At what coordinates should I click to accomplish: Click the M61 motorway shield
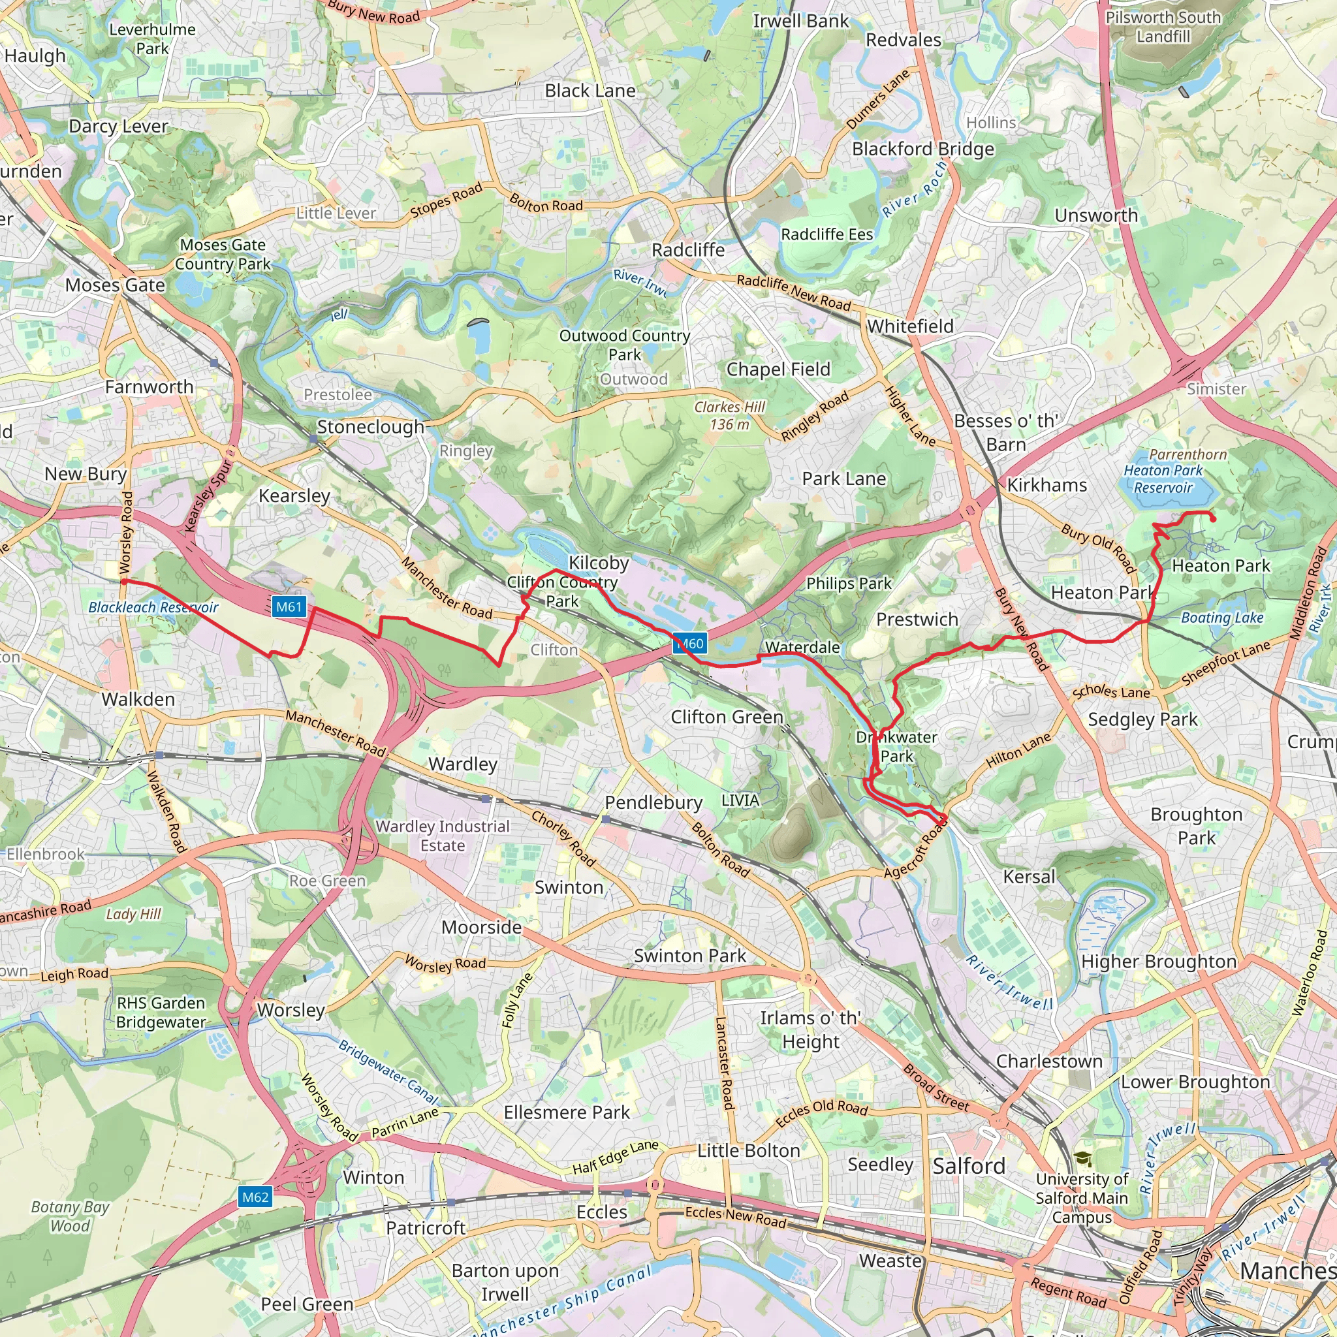click(x=289, y=607)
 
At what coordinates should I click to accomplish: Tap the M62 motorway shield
click(x=255, y=1197)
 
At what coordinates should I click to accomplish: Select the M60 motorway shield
click(x=690, y=644)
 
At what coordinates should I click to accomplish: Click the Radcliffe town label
click(x=688, y=250)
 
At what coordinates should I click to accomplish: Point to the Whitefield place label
click(x=910, y=326)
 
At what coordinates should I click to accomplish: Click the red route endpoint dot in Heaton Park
click(x=1213, y=519)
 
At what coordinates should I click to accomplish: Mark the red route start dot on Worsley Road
click(x=125, y=582)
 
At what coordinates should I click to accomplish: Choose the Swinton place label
click(x=569, y=887)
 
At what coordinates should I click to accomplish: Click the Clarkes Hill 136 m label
click(x=729, y=415)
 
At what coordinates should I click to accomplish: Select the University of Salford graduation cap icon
click(x=1082, y=1159)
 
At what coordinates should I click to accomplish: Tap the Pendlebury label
click(x=653, y=802)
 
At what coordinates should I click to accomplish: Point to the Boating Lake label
click(x=1222, y=618)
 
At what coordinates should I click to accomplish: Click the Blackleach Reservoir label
click(x=153, y=607)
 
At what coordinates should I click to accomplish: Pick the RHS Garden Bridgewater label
click(x=161, y=1012)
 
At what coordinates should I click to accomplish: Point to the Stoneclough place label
click(x=370, y=427)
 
